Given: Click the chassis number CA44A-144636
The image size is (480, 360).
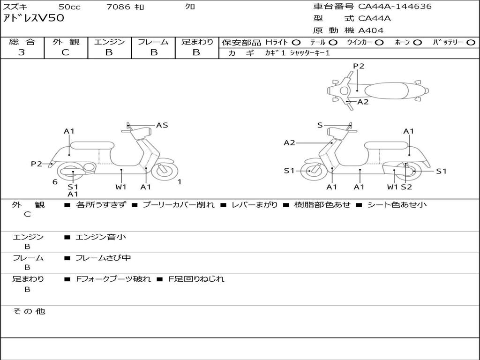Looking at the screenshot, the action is (395, 6).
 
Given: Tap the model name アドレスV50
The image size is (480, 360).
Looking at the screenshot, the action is (33, 18).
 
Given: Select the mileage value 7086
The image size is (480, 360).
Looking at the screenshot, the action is (119, 7).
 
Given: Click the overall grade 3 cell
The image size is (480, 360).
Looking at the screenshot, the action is (22, 52).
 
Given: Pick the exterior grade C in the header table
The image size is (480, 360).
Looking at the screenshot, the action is (65, 52).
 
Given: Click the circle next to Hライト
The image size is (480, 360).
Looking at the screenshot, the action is (296, 43).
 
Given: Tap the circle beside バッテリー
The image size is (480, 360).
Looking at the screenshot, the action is (471, 43).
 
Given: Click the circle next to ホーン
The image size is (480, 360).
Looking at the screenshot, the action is (417, 43).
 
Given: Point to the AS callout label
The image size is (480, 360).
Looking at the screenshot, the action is (162, 125).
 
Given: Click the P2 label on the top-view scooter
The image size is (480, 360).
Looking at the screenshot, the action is (359, 66).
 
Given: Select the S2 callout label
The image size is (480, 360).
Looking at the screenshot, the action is (406, 187).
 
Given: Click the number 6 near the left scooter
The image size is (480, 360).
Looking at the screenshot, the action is (55, 182).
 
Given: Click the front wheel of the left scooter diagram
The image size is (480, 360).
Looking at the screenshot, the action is (165, 171).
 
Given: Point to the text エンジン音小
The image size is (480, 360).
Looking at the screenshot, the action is (101, 237).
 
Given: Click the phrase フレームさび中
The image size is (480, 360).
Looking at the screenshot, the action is (103, 258).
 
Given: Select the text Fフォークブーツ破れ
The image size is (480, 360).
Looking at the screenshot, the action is (113, 279).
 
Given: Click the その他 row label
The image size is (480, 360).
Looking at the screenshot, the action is (29, 311).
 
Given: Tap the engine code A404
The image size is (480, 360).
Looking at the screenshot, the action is (371, 30).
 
